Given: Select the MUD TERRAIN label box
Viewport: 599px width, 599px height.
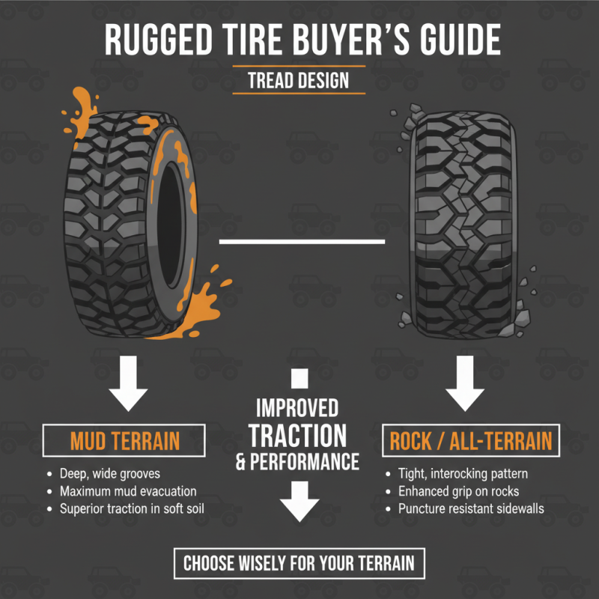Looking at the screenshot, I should [125, 440].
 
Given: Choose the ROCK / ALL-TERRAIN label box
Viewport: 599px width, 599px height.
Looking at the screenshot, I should [471, 440].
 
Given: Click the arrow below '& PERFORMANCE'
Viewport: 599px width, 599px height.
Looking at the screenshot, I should [299, 499].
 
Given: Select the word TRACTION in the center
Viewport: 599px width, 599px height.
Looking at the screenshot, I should [298, 435].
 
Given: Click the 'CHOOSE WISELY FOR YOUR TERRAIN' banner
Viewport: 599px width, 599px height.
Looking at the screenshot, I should [299, 562].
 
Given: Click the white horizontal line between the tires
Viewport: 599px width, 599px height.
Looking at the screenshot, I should [301, 242].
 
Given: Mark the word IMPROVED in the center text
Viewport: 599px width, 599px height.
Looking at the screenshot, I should [297, 408].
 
